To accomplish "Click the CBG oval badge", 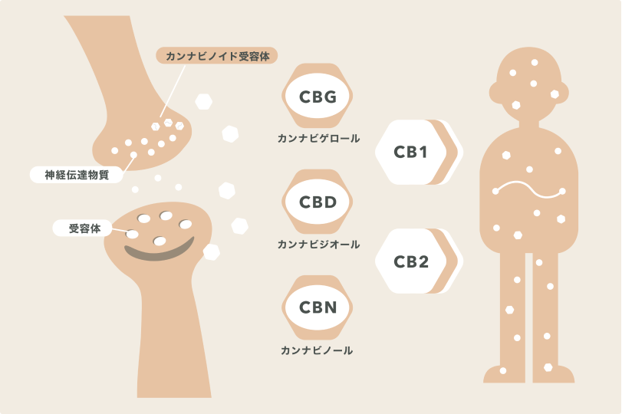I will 318,97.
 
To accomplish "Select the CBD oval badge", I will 318,202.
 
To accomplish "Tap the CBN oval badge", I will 318,308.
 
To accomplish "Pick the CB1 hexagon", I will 410,152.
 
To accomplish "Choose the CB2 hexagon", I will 410,261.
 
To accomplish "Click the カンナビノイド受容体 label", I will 216,56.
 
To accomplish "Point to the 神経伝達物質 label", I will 77,174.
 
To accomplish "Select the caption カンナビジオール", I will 318,245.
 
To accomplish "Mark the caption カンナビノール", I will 318,350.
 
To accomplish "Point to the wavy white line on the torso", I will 528,189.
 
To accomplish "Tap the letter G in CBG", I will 335,97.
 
